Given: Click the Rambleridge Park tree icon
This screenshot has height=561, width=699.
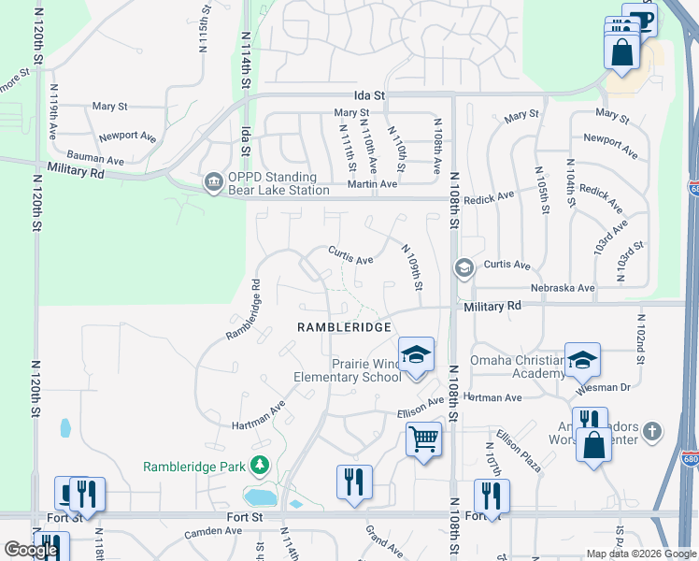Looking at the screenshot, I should point(259,466).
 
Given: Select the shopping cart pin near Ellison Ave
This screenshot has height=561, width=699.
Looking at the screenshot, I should point(423,438).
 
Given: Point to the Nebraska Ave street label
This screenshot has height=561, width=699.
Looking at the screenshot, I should point(563,288).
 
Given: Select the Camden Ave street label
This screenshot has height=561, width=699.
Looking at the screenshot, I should point(213,531).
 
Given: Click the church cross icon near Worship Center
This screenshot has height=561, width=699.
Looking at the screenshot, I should point(652,431).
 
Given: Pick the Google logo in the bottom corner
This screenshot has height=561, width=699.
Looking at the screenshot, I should point(31,550).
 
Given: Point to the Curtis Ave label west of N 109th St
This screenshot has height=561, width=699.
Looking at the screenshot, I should point(350,255).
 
